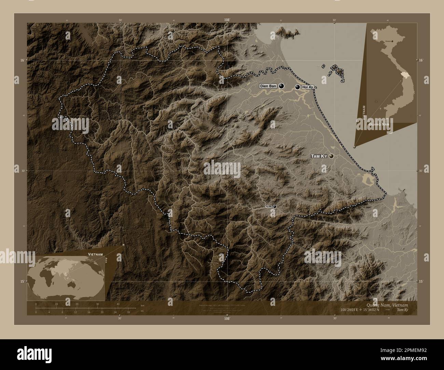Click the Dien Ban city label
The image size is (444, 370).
coord(268,86)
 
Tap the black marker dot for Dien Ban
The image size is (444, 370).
coord(281,86)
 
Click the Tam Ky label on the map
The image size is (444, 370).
coord(319,156)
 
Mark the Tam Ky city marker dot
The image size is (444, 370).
coord(331,156)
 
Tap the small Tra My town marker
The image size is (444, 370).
coord(274,207)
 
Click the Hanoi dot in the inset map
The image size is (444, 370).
coord(392,41)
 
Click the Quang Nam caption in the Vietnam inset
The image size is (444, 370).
coord(379,125)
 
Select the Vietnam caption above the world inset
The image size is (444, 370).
coord(95,255)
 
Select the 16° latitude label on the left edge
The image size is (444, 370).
coord(22,60)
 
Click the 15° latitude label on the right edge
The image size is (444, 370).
coord(421,281)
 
